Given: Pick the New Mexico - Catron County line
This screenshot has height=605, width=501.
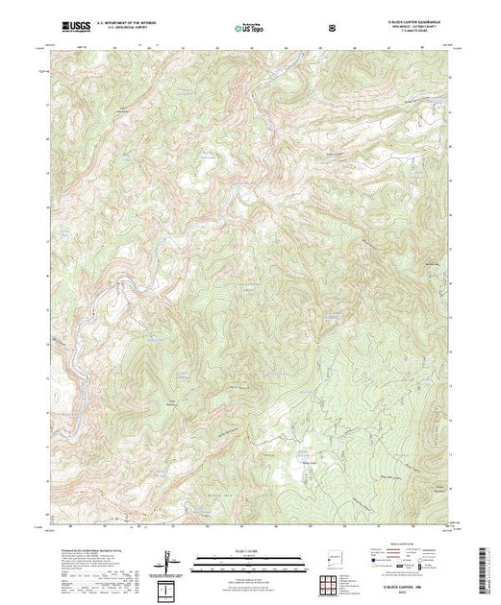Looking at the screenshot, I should pos(411,26).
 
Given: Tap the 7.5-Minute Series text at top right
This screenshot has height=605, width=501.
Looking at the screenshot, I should pos(411,31).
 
